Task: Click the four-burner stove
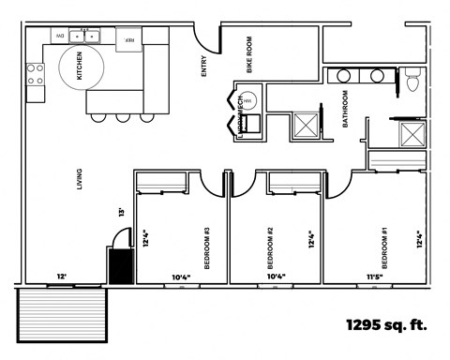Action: point(36,82)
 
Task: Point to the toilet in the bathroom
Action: point(412,82)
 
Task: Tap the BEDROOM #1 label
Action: point(384,243)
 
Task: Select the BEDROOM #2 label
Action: point(269,242)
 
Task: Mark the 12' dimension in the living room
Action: point(61,277)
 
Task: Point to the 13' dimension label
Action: point(120,212)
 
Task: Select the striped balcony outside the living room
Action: point(65,315)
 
